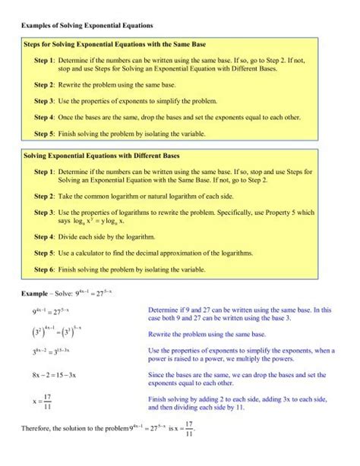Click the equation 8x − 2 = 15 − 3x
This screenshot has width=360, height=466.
(x=57, y=375)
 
